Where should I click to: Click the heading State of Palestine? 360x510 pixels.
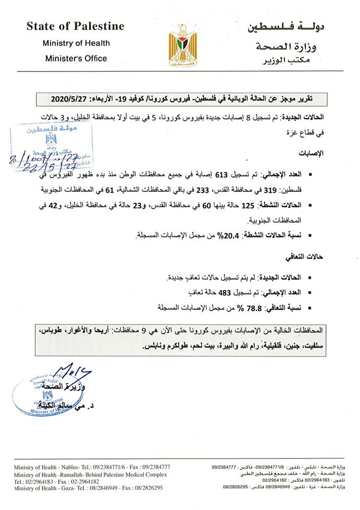[75, 27]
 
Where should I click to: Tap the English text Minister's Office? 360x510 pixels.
[75, 58]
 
